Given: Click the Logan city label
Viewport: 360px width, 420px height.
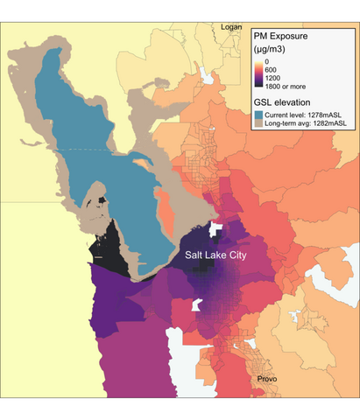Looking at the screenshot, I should tap(231, 27).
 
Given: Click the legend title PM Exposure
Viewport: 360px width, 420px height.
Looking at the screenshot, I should tap(284, 38).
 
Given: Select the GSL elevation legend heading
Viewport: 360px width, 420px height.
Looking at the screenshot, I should tap(282, 105).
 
